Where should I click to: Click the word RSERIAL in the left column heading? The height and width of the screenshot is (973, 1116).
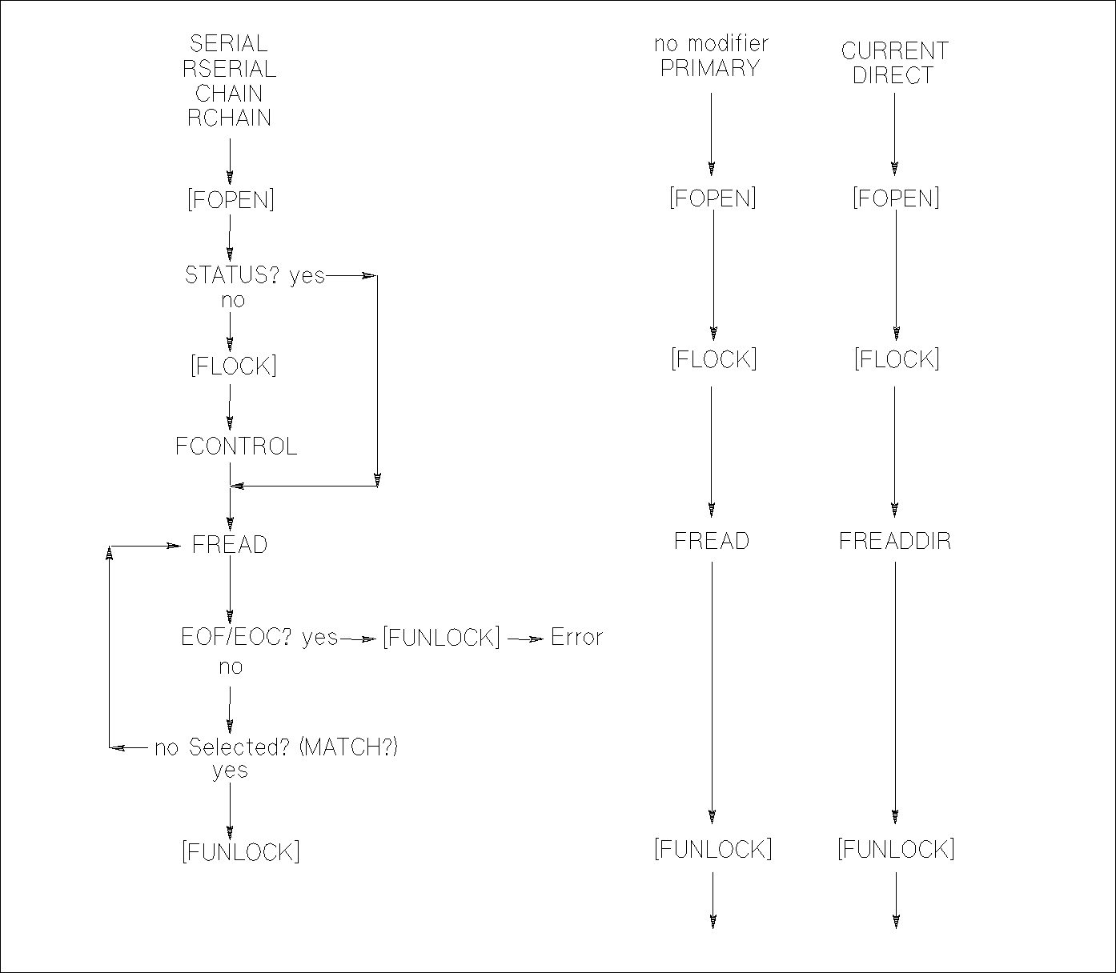(x=229, y=69)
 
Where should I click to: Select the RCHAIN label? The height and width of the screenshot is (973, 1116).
(x=229, y=118)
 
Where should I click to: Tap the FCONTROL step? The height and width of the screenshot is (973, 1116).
(x=236, y=446)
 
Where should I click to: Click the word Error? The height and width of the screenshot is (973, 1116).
(x=576, y=638)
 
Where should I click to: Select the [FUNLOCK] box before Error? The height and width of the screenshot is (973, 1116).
(x=441, y=638)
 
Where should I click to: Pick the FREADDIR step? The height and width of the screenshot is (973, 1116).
(x=895, y=542)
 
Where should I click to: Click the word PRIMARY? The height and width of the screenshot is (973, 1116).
(x=710, y=69)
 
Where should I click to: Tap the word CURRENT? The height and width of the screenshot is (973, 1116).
(x=894, y=51)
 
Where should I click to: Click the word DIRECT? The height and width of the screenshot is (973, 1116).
(x=893, y=76)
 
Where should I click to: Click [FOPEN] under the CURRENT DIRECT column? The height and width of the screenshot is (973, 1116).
(x=895, y=198)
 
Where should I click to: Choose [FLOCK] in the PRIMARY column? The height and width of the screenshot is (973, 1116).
(x=713, y=359)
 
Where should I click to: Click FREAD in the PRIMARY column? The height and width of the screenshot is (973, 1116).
(x=711, y=542)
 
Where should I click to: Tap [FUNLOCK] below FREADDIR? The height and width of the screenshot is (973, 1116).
(x=896, y=849)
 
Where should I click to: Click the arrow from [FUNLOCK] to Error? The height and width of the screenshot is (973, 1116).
(x=525, y=639)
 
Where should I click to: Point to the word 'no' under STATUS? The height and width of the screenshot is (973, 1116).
(x=233, y=301)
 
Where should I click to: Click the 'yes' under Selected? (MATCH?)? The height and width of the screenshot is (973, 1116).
(x=230, y=771)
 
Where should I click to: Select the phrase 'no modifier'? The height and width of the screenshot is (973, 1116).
(x=711, y=44)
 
